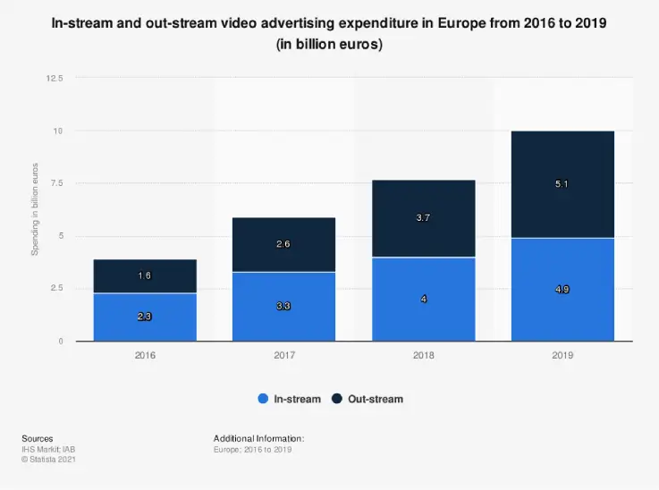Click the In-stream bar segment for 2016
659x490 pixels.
145,317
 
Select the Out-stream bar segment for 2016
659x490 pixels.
145,276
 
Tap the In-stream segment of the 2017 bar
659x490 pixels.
284,307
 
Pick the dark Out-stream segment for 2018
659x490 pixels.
424,218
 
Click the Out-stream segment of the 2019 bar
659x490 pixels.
562,184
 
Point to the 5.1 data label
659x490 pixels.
562,184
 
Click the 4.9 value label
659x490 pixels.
562,290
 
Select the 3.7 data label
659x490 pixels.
424,218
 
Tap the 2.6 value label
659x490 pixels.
284,244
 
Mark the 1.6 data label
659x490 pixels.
145,276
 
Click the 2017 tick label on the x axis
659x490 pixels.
284,355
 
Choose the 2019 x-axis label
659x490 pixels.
562,355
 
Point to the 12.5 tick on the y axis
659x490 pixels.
55,79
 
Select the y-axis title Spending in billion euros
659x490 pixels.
36,209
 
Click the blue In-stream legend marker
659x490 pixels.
263,399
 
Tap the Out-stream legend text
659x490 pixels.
375,399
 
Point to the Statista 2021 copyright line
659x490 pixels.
47,459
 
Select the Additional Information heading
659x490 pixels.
259,438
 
